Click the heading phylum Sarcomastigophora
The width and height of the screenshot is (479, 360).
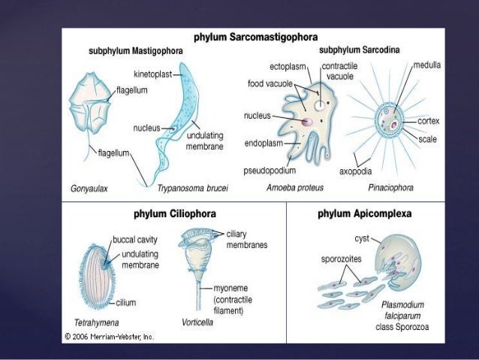[x=256, y=36]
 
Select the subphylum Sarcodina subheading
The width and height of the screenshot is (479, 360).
[x=359, y=50]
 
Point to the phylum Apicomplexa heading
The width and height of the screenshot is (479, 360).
[x=364, y=213]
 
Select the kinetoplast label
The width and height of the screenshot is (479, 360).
[x=152, y=74]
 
